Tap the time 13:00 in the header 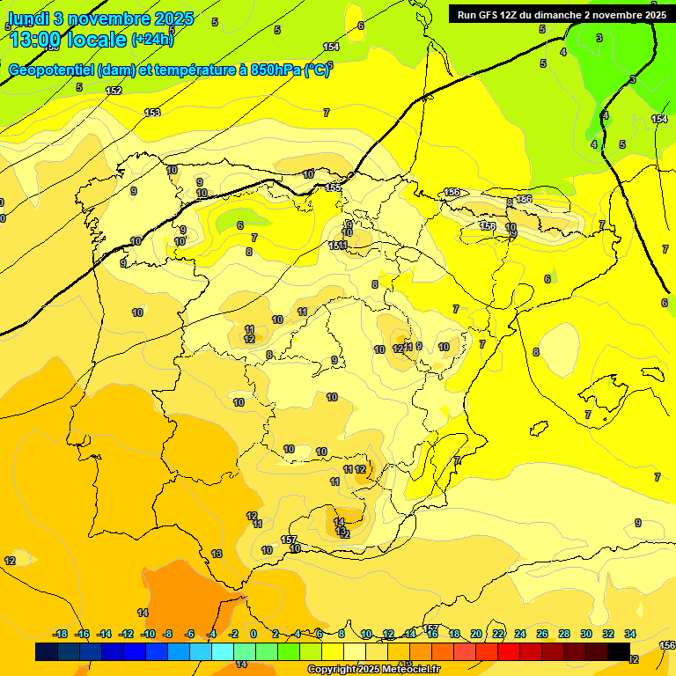tap(36, 39)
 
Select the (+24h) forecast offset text tap(151, 39)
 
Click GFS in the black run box tap(491, 15)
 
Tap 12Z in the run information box tap(517, 15)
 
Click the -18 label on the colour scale tap(60, 634)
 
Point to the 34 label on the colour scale tap(630, 634)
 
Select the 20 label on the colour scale tap(476, 634)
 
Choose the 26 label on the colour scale tap(542, 634)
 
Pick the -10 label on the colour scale tap(148, 634)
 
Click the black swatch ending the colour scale tap(619, 651)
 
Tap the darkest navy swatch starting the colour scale tap(47, 651)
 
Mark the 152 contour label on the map tap(114, 91)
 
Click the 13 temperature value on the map tap(217, 554)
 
